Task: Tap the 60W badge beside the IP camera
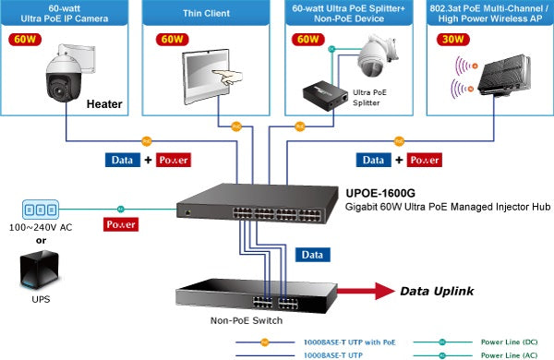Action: [x=25, y=40]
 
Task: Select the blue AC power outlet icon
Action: [x=39, y=209]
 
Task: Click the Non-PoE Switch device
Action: [x=250, y=296]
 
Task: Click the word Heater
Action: [x=105, y=105]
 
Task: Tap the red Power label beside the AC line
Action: [x=122, y=223]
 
